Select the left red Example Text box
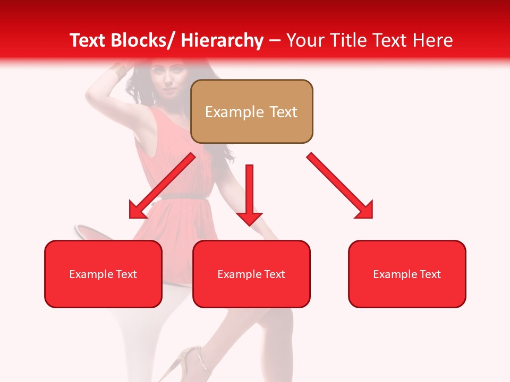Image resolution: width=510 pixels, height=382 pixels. [x=103, y=274]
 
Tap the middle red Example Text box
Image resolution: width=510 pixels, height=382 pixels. [x=251, y=274]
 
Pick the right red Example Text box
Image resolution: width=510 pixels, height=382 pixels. [x=407, y=274]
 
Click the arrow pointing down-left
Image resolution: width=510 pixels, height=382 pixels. [x=162, y=186]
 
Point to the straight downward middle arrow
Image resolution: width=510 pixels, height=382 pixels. [x=250, y=191]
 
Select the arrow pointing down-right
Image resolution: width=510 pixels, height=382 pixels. [x=340, y=186]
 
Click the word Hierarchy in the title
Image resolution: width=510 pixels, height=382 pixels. [x=222, y=40]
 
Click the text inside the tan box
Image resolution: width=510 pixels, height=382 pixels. [x=251, y=112]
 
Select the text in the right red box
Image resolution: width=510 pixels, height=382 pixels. [x=407, y=274]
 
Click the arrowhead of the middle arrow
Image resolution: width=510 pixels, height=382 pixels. [x=250, y=218]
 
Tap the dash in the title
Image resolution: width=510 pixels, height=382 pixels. [x=275, y=40]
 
